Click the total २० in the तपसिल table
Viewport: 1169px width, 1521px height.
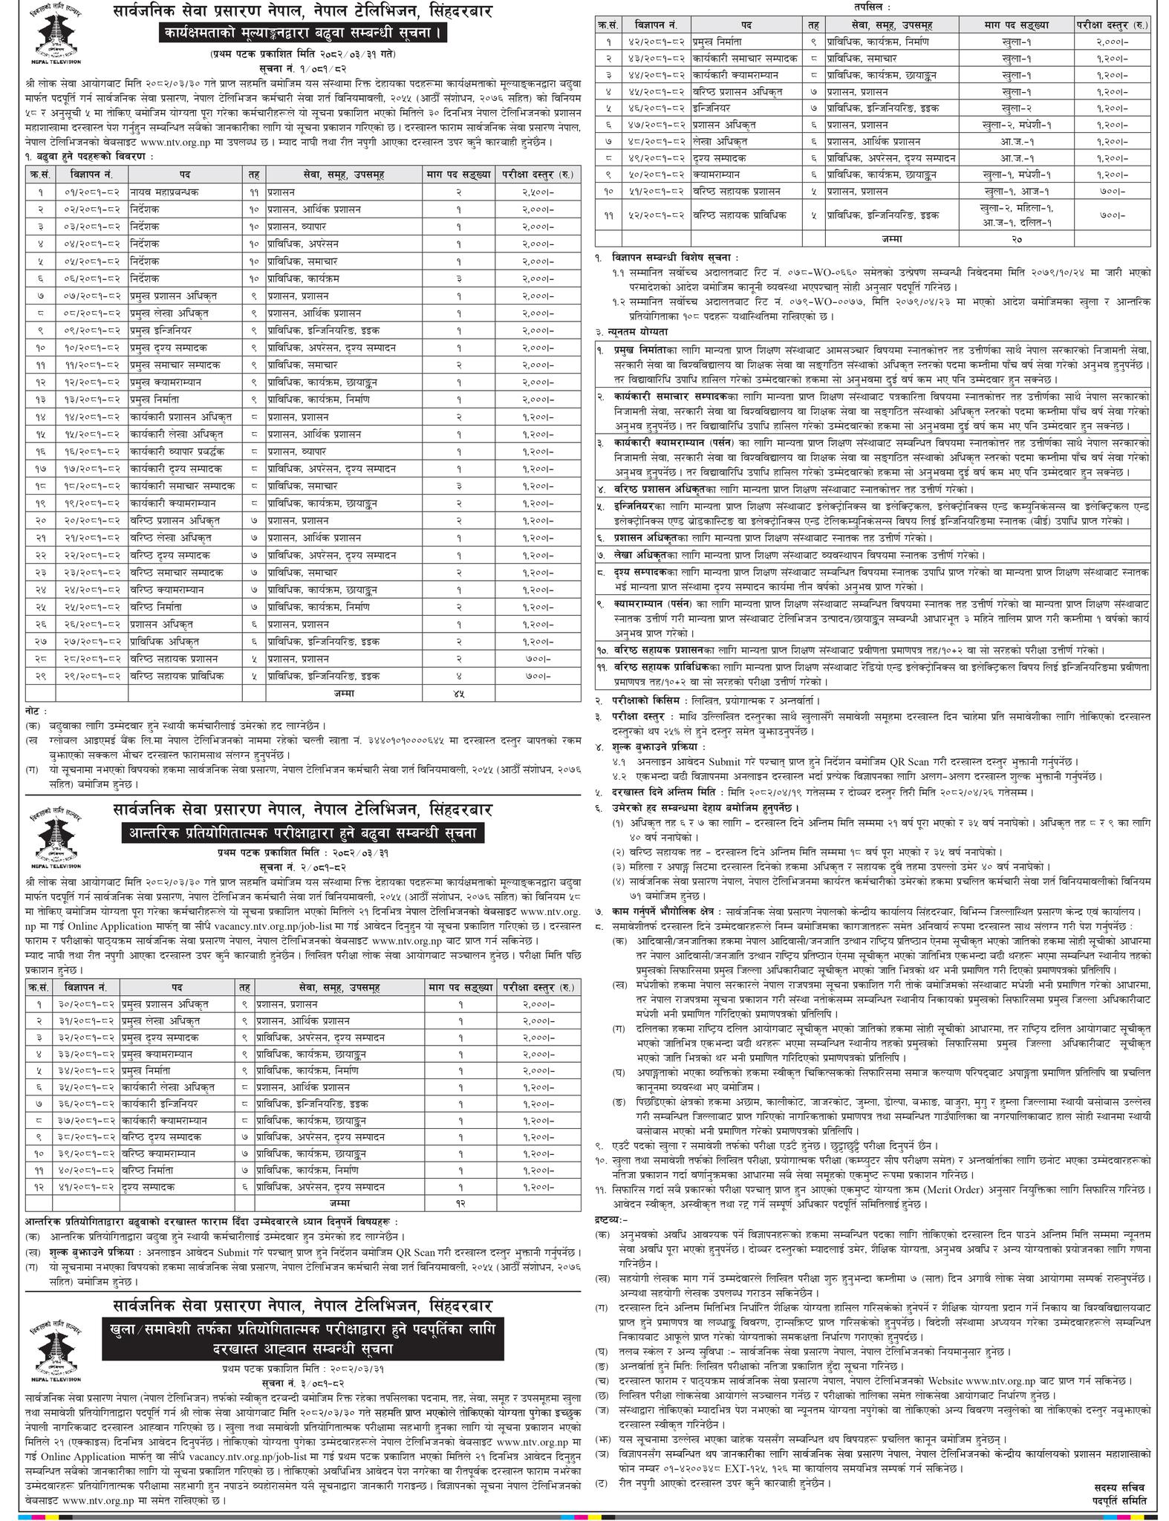point(1015,239)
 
